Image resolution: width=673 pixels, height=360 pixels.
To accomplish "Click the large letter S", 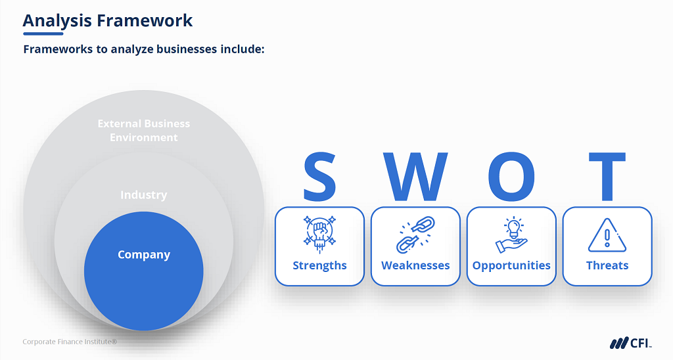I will pyautogui.click(x=319, y=177).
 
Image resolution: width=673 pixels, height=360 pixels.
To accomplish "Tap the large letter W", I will pyautogui.click(x=415, y=177).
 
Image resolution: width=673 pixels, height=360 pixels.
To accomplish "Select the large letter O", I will pyautogui.click(x=511, y=177).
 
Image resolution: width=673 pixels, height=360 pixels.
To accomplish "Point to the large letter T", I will pyautogui.click(x=607, y=177).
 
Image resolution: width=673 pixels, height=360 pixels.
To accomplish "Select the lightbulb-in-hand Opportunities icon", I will pyautogui.click(x=511, y=235).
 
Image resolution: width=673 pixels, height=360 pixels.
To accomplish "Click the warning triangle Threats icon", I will pyautogui.click(x=607, y=235).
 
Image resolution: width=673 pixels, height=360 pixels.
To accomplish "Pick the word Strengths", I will pyautogui.click(x=319, y=265).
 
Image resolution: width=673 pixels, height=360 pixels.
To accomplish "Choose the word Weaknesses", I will pyautogui.click(x=415, y=265).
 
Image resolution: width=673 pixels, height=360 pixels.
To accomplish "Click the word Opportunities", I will pyautogui.click(x=511, y=265).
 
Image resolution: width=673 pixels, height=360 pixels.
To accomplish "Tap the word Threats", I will pyautogui.click(x=607, y=265).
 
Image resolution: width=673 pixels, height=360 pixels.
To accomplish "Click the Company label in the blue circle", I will pyautogui.click(x=144, y=255).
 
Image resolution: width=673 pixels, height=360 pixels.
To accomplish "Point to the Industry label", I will pyautogui.click(x=144, y=195).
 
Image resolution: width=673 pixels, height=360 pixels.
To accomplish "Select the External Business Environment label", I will pyautogui.click(x=144, y=130).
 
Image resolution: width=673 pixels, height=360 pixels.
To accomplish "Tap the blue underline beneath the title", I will pyautogui.click(x=43, y=33).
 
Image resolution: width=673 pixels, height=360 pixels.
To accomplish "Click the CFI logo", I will pyautogui.click(x=630, y=342).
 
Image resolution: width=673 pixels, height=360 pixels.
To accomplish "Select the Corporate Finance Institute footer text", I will pyautogui.click(x=70, y=342).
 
